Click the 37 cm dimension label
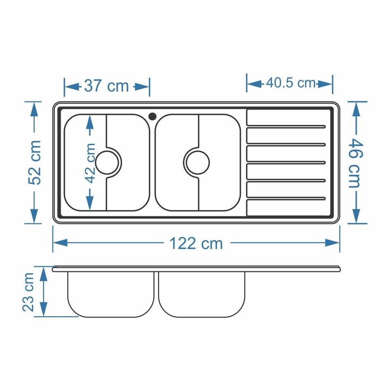(106, 86)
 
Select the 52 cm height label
(35, 163)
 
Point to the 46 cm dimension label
(356, 163)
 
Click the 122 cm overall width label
(196, 243)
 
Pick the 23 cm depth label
(28, 292)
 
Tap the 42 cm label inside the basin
(90, 163)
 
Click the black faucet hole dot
(153, 116)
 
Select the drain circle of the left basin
(107, 163)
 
